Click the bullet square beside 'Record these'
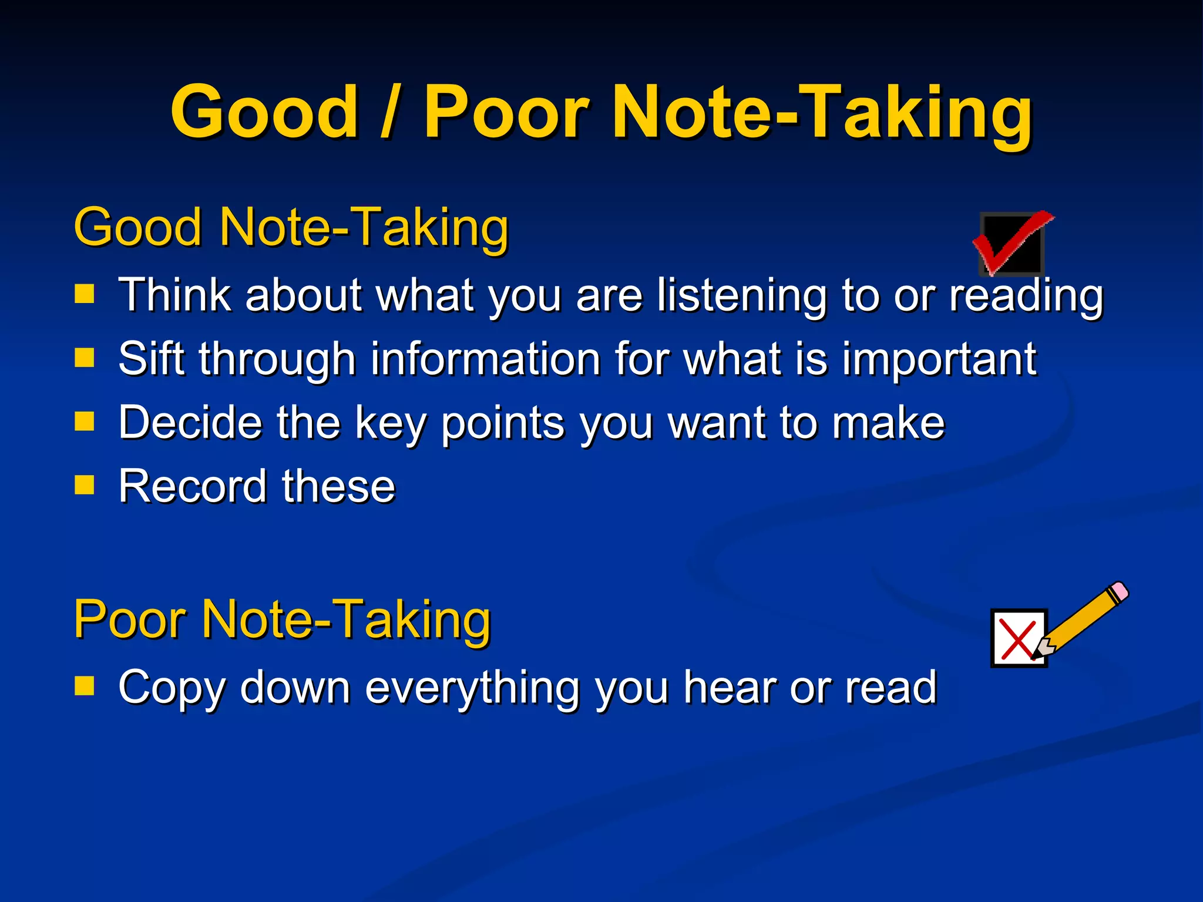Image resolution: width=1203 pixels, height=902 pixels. [x=85, y=485]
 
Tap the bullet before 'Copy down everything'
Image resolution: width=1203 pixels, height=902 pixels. [x=85, y=685]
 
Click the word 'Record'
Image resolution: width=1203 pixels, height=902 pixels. [x=193, y=486]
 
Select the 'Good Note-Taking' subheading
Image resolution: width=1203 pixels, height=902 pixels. [x=291, y=228]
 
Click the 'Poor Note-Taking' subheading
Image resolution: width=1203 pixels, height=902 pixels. [x=282, y=620]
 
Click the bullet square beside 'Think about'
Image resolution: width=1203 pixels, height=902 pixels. [x=85, y=293]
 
